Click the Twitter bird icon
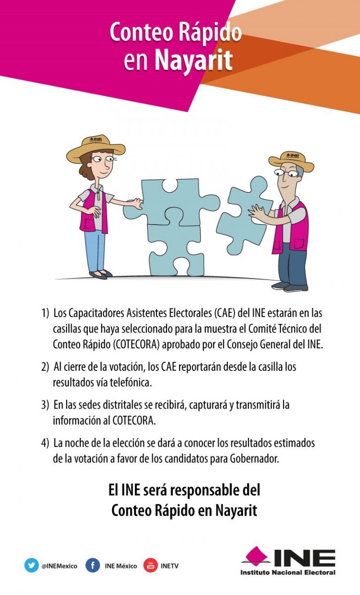coord(31,565)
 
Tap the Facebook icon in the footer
coord(93,565)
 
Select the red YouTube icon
coord(150,565)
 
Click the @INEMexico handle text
coord(59,566)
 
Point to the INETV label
coord(169,566)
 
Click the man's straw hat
coord(291,160)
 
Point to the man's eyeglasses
coord(285,173)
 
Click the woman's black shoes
coord(101,274)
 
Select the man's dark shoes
coord(290,286)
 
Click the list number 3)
coord(45,405)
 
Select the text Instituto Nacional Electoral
coord(288,572)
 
